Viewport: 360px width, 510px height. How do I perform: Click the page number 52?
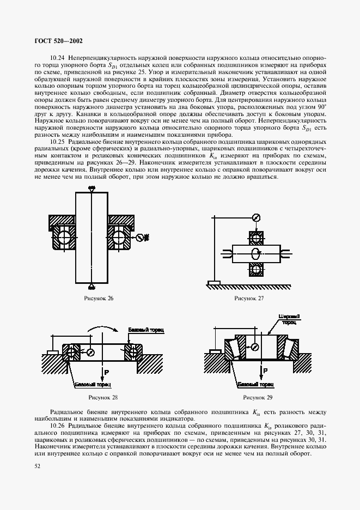(x=38, y=466)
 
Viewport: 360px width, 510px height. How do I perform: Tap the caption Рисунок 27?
(x=249, y=299)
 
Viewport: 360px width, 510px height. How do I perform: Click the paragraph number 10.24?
(x=58, y=57)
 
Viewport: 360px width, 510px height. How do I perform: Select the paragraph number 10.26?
(x=58, y=424)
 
